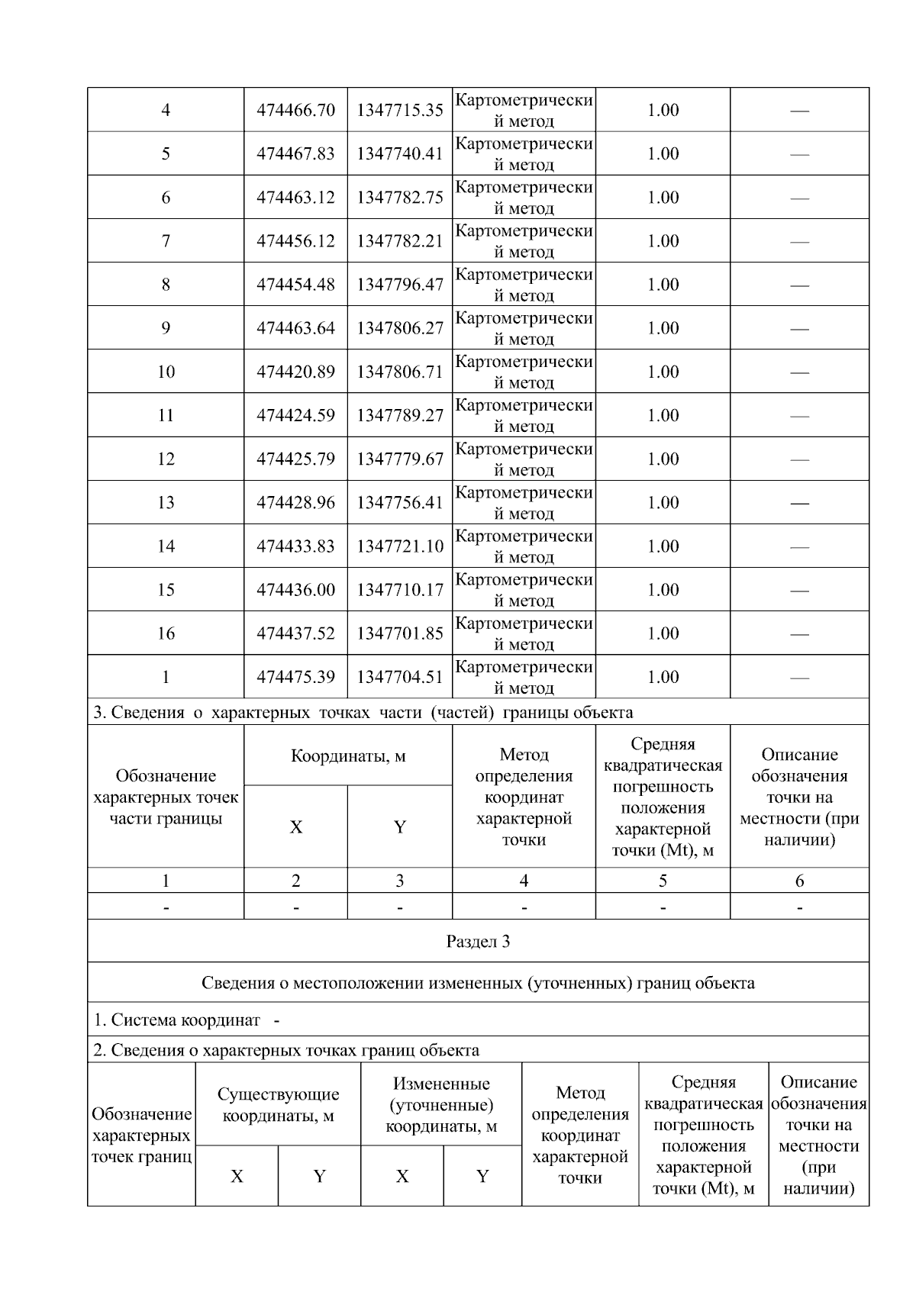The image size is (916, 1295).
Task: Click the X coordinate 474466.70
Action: coord(295,110)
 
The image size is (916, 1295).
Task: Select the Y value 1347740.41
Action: coord(399,153)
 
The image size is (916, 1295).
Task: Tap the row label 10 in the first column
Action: coord(166,372)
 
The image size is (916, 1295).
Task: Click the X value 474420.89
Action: coord(295,372)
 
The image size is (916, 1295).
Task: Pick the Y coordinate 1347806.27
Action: coord(399,328)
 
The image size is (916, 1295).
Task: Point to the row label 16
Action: coord(166,633)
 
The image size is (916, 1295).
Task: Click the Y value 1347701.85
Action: coord(399,633)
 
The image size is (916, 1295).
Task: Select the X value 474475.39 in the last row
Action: coord(295,677)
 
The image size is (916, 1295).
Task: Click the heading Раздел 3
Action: coord(478,941)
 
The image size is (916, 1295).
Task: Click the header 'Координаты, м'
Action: coord(348,755)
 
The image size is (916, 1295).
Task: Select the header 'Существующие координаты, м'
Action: coord(278,1104)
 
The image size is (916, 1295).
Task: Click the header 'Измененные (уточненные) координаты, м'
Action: coord(441,1104)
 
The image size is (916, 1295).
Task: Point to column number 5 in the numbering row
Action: coord(663,881)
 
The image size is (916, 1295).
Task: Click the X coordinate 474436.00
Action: coord(295,589)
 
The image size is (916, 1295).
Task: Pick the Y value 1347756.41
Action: coord(399,502)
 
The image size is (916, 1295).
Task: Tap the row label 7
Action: coord(166,241)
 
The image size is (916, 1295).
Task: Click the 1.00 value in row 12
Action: coord(663,459)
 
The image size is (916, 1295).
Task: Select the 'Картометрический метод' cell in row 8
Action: coord(524,285)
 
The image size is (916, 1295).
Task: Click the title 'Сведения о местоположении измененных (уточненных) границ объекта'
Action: coord(478,982)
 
